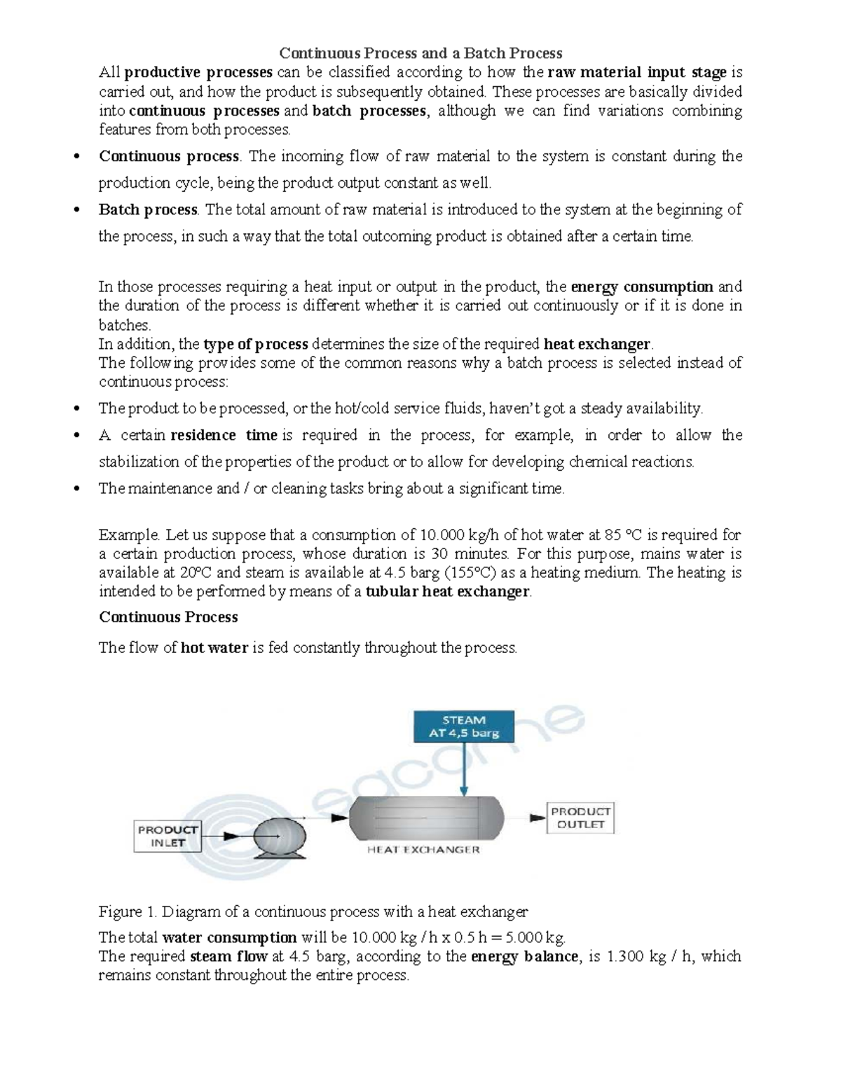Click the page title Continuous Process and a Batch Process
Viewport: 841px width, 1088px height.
coord(420,53)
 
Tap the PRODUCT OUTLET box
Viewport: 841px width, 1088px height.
coord(580,818)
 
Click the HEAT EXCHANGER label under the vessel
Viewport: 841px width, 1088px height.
coord(423,850)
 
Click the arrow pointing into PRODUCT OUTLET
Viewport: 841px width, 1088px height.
coord(537,818)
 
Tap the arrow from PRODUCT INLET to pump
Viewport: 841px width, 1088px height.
coord(228,836)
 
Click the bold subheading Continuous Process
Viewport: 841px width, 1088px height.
coord(168,617)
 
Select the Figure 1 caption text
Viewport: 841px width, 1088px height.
coord(313,911)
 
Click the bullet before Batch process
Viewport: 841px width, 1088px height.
coord(77,210)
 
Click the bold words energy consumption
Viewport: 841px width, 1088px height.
coord(642,287)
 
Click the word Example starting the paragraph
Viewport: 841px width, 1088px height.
coord(130,535)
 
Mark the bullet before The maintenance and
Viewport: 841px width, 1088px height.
coord(77,489)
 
